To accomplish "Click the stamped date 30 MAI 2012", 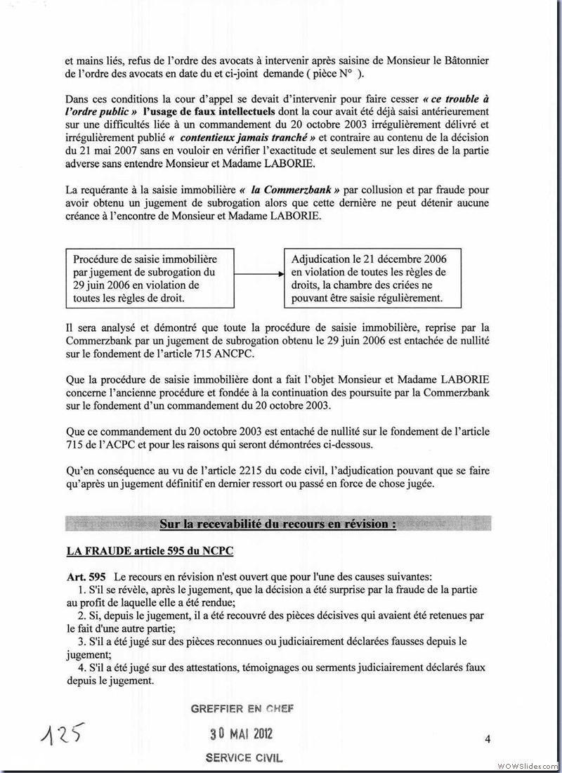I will pyautogui.click(x=242, y=734).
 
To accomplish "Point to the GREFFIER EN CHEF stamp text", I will pyautogui.click(x=242, y=709).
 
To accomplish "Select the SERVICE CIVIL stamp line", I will pyautogui.click(x=241, y=758).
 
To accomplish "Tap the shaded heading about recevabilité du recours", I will pyautogui.click(x=277, y=524).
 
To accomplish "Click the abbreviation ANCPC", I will pyautogui.click(x=259, y=353).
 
